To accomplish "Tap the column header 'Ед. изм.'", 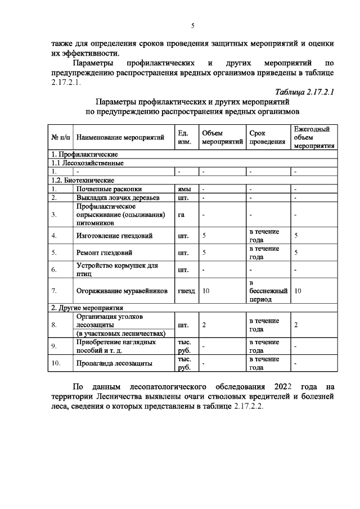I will tap(184, 137).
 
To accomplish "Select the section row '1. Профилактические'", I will tap(84, 154).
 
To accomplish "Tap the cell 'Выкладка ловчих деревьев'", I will tap(119, 197).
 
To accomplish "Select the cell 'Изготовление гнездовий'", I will tap(114, 236).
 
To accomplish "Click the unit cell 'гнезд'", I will tap(186, 291).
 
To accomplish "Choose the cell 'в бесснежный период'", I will tap(268, 291).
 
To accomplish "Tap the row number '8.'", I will tap(54, 325).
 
